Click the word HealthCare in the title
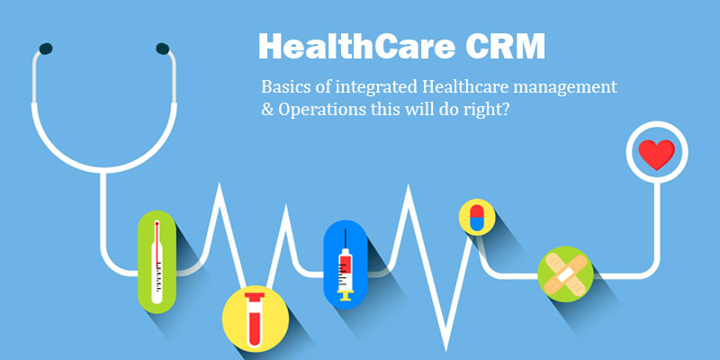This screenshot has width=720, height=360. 355,46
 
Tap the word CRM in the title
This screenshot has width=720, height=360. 504,46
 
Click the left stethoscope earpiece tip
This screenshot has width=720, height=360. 46,49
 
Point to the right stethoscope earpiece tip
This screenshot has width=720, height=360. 163,49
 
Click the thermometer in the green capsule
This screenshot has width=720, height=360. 157,262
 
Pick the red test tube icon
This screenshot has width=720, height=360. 255,319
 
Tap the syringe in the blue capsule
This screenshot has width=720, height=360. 346,265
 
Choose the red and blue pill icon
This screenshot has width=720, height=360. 477,217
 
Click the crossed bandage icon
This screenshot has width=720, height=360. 565,274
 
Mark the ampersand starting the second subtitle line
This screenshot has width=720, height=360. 266,111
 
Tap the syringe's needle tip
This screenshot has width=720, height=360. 346,229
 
